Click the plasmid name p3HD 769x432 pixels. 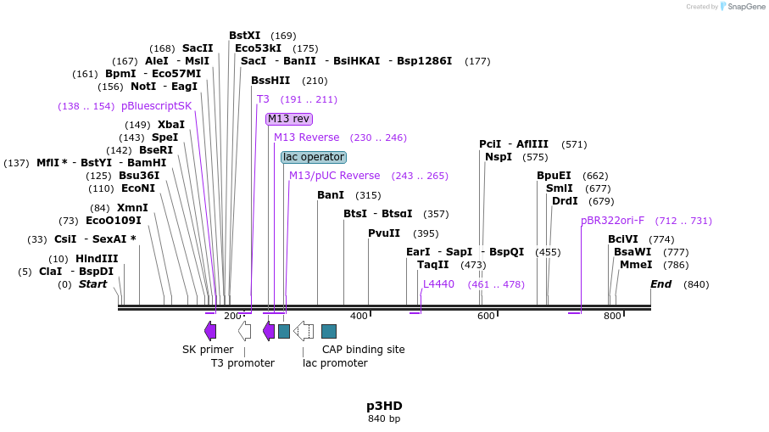tap(384, 406)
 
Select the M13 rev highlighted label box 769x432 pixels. tap(289, 119)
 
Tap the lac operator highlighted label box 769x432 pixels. tap(314, 157)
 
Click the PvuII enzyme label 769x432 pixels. tap(384, 233)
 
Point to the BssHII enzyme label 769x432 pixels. tap(270, 81)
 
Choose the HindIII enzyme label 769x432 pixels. tap(97, 259)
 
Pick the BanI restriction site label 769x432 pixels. tap(331, 195)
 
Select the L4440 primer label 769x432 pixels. tap(438, 284)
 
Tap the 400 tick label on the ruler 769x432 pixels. tap(359, 317)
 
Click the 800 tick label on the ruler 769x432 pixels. tap(612, 317)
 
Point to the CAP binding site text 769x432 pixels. tap(363, 349)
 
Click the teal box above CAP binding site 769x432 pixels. tap(329, 331)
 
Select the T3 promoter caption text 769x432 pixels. tap(242, 363)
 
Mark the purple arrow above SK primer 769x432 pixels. tap(210, 331)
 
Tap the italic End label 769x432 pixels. tap(660, 284)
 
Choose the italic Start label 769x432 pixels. tap(92, 284)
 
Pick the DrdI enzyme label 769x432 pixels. tap(565, 201)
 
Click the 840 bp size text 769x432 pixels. tap(384, 419)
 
